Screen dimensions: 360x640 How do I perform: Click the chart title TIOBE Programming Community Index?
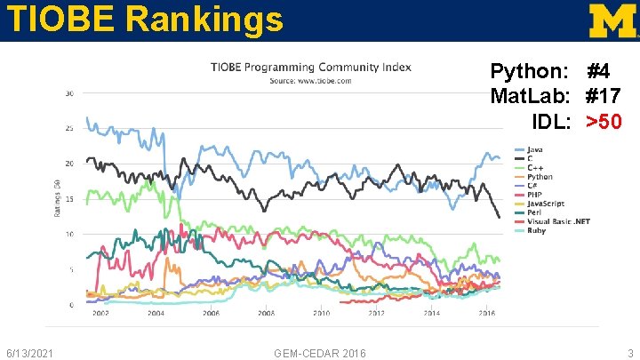[x=310, y=68]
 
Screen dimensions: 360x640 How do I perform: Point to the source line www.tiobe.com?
[x=310, y=81]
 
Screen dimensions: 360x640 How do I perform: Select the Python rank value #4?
[x=597, y=70]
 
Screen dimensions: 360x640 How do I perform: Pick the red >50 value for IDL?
[x=604, y=120]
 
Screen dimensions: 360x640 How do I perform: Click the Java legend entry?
[x=535, y=148]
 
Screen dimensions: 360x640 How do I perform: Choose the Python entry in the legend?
[x=540, y=176]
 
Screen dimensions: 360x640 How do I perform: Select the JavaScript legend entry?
[x=545, y=204]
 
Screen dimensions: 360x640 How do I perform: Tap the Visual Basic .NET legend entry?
[x=556, y=221]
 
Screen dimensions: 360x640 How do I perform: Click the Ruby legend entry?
[x=536, y=230]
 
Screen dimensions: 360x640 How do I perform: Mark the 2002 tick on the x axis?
[x=100, y=313]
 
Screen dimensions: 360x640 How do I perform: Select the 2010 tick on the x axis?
[x=321, y=313]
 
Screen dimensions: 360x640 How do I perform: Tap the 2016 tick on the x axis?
[x=486, y=313]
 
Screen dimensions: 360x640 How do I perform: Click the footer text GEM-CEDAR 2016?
[x=319, y=353]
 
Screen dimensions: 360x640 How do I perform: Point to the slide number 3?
[x=629, y=353]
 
